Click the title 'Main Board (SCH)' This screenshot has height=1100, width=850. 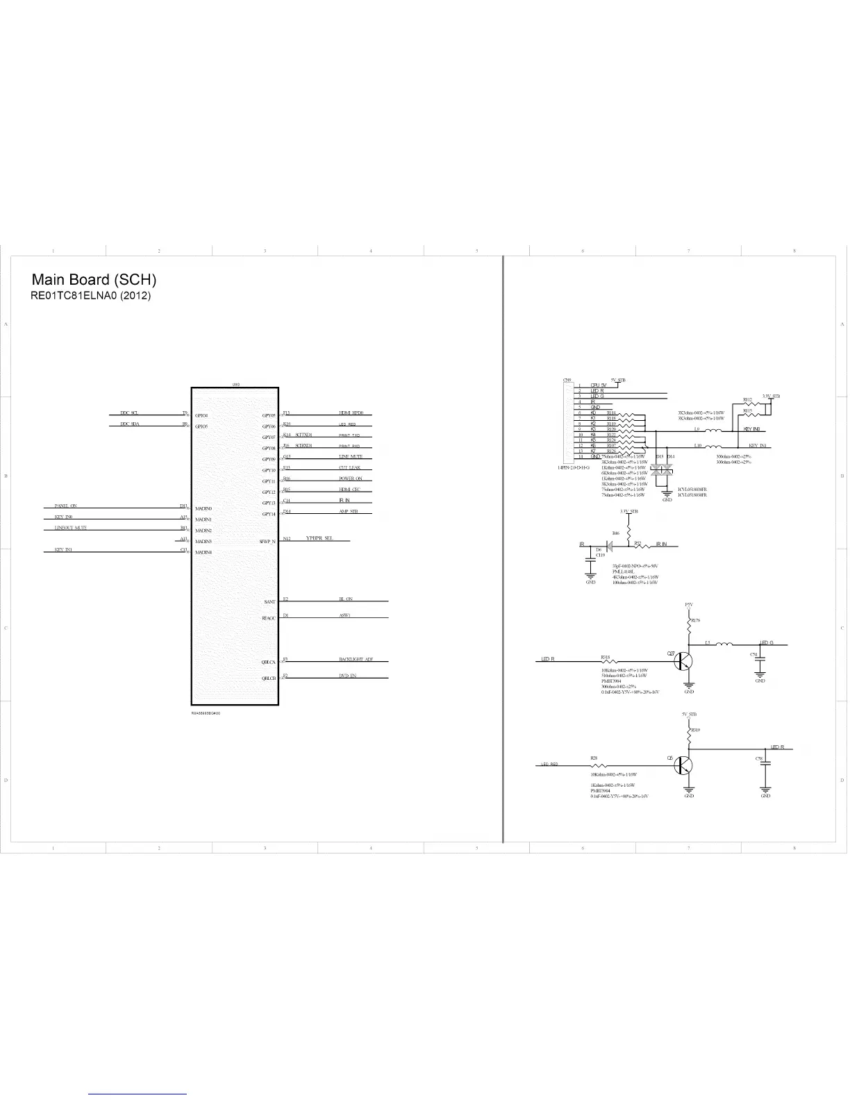(94, 280)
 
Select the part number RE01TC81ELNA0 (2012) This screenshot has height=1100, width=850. (90, 296)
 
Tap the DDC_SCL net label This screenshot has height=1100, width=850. (129, 413)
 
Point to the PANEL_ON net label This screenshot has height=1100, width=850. (66, 506)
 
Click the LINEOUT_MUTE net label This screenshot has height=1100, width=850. (71, 528)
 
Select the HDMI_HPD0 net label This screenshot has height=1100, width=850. (351, 413)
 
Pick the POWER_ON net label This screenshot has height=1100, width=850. (351, 479)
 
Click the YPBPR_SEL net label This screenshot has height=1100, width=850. (319, 538)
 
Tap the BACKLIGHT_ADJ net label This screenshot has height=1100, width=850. (356, 660)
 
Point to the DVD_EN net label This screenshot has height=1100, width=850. (347, 676)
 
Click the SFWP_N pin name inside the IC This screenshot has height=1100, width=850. (267, 542)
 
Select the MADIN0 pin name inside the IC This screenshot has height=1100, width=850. (203, 509)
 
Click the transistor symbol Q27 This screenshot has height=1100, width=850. (684, 662)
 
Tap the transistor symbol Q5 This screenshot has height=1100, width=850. (684, 765)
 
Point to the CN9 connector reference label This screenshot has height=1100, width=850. (567, 381)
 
